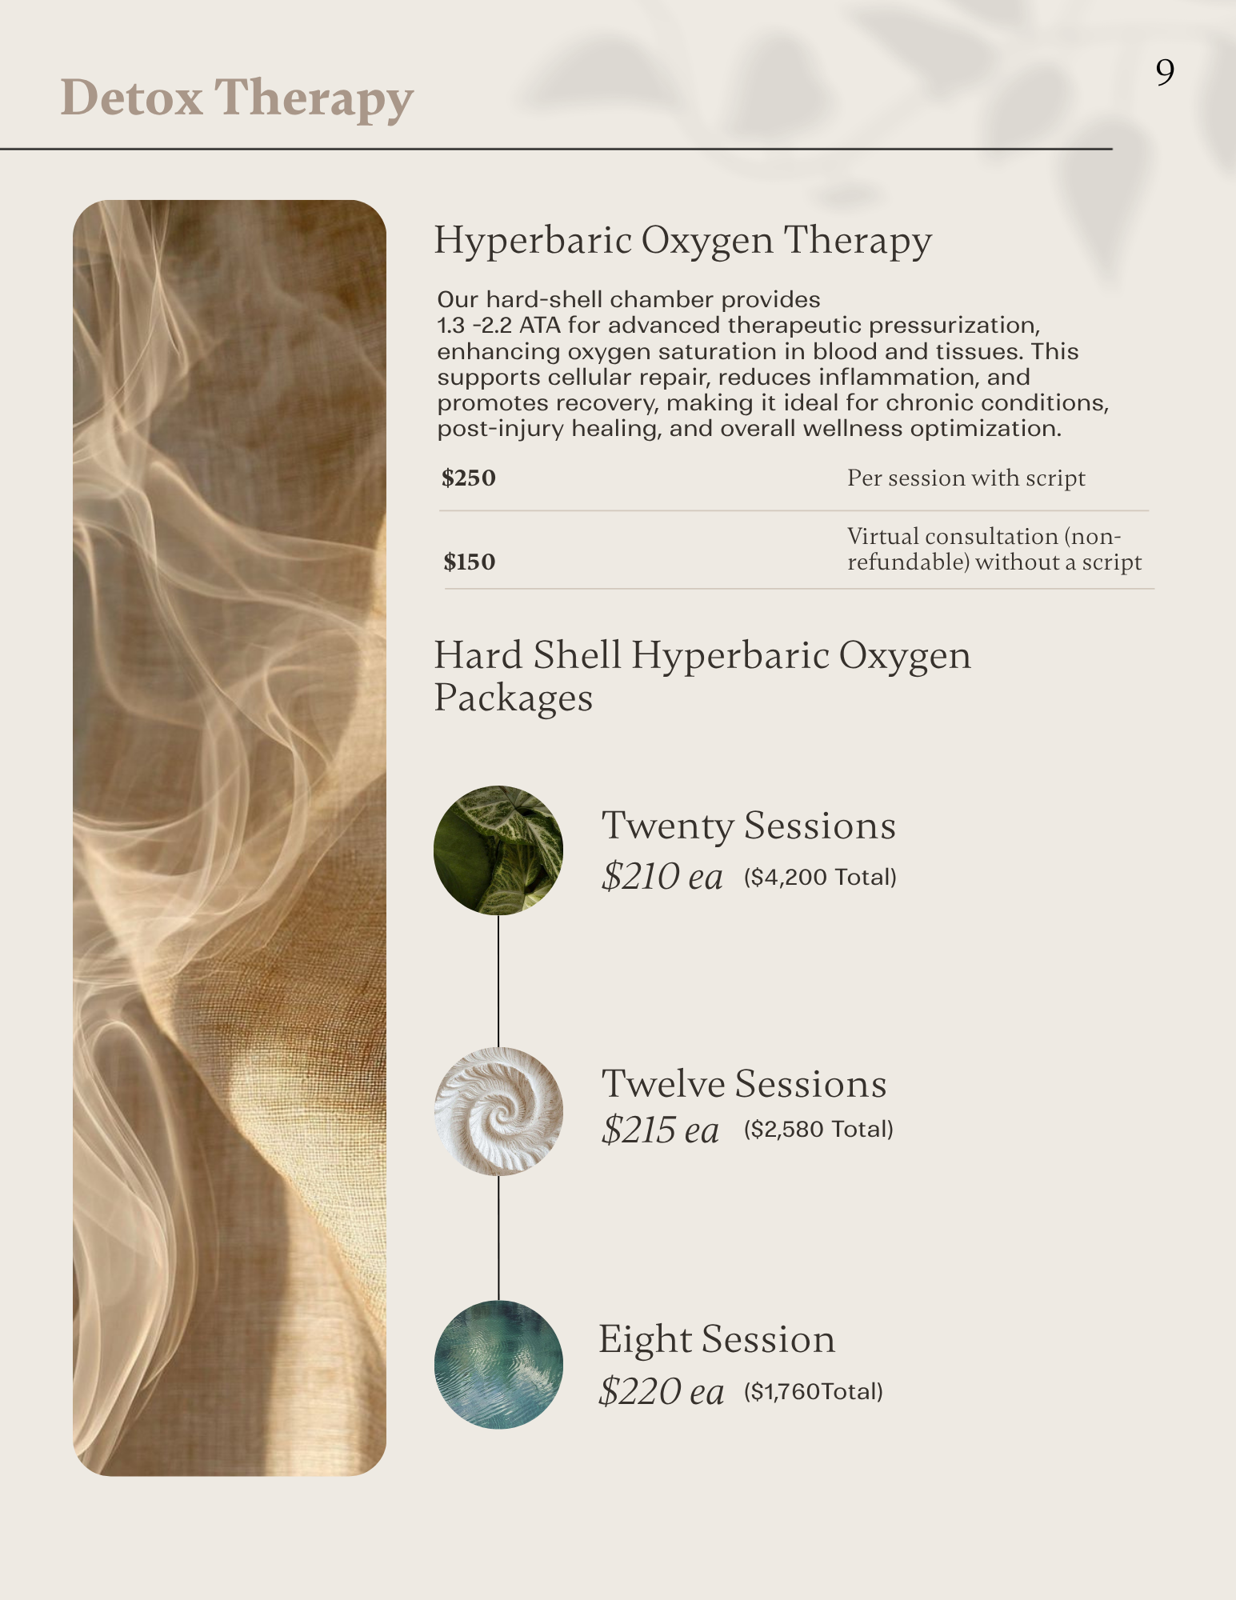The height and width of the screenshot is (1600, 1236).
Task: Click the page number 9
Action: [1165, 73]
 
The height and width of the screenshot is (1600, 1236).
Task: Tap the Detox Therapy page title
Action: [237, 98]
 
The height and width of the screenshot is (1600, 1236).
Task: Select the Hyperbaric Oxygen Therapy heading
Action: [682, 240]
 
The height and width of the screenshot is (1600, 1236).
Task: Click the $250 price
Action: [469, 478]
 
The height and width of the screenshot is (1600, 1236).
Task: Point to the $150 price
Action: [470, 562]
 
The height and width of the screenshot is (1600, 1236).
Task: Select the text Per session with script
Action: [966, 478]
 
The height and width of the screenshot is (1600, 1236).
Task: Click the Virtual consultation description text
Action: [994, 549]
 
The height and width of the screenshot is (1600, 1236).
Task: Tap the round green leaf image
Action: [498, 850]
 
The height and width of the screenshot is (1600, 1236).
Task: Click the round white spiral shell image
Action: [498, 1111]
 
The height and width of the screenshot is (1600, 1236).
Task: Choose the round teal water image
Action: [498, 1365]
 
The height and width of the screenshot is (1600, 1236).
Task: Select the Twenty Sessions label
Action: [748, 826]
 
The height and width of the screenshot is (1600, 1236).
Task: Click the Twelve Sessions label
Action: [744, 1084]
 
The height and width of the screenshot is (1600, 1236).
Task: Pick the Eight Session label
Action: [717, 1339]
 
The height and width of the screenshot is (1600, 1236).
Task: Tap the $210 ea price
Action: [662, 877]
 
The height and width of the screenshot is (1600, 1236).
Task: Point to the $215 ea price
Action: [660, 1130]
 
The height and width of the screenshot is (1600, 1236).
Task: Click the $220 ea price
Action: [661, 1391]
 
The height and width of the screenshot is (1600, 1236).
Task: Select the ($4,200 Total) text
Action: [820, 878]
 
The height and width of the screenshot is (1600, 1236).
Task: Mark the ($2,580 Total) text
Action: [818, 1130]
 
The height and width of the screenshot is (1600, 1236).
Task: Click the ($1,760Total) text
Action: [814, 1392]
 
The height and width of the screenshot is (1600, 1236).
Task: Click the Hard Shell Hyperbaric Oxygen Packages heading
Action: [702, 676]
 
